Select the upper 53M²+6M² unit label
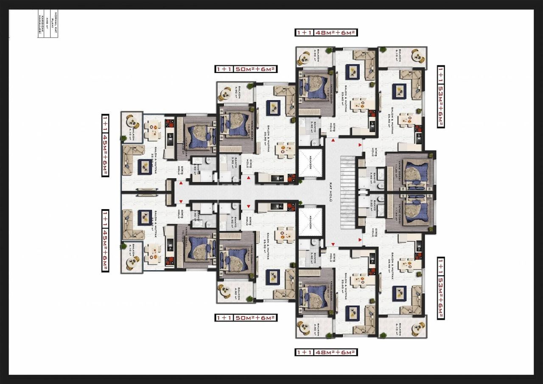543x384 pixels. [441, 96]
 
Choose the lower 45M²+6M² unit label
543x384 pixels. [104, 240]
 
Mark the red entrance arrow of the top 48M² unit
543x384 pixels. [333, 140]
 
